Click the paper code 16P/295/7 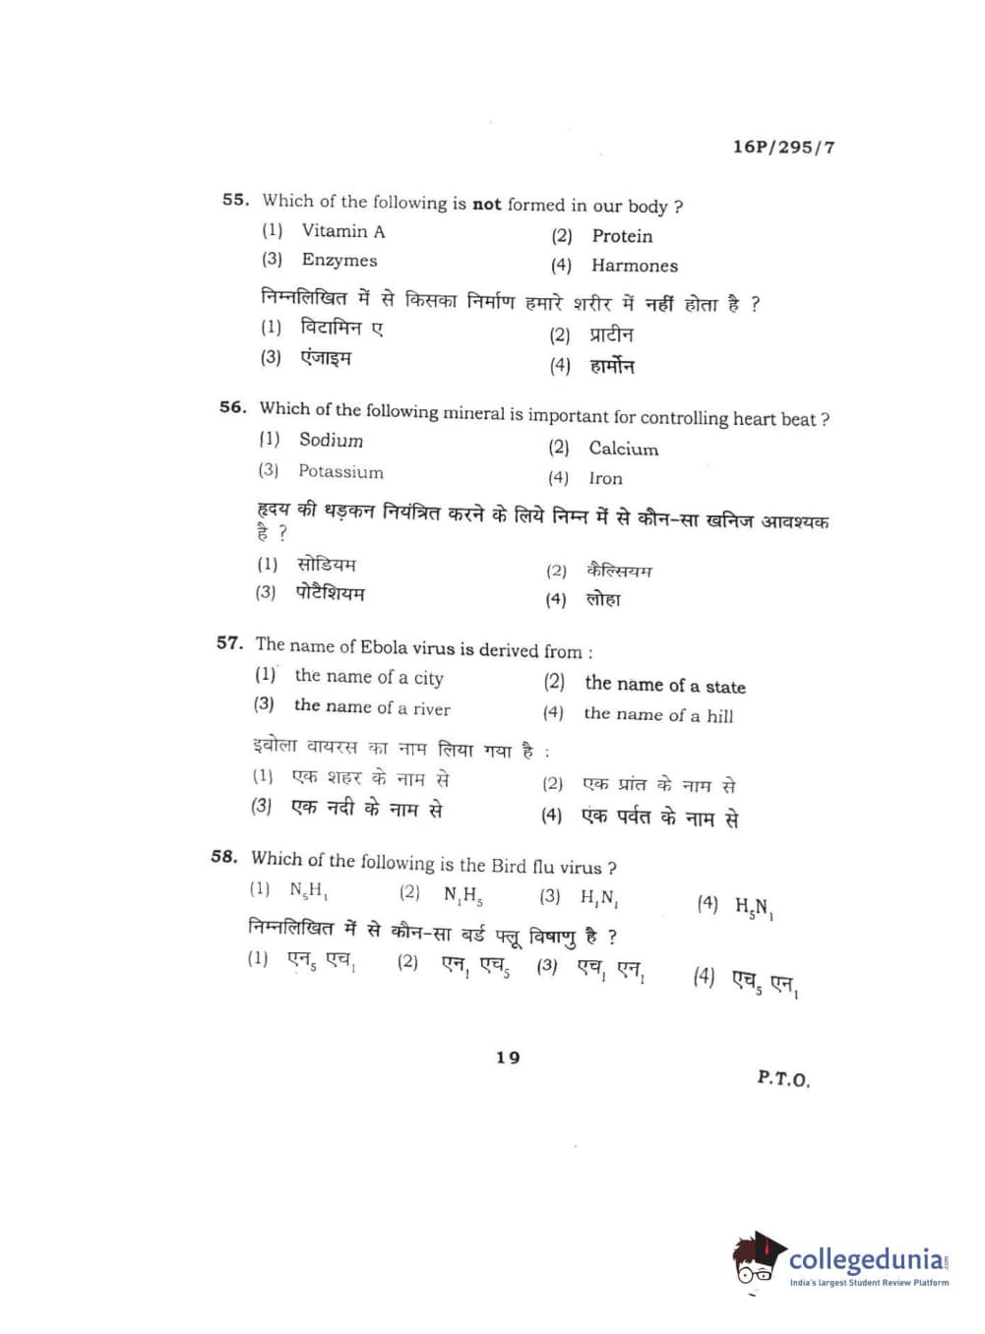click(783, 147)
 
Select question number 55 click(235, 199)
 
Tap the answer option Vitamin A click(342, 231)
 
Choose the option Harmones click(634, 265)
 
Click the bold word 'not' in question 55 click(487, 205)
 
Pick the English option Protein click(622, 236)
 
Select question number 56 click(232, 406)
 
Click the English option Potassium click(340, 471)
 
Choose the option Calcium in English click(623, 449)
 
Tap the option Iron click(605, 478)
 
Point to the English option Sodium click(331, 440)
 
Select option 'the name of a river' click(371, 706)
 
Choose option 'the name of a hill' click(657, 715)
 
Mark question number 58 click(224, 856)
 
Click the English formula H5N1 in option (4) click(754, 907)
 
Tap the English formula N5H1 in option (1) click(309, 890)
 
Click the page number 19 click(508, 1058)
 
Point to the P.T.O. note click(783, 1078)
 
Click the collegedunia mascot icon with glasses click(758, 1259)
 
